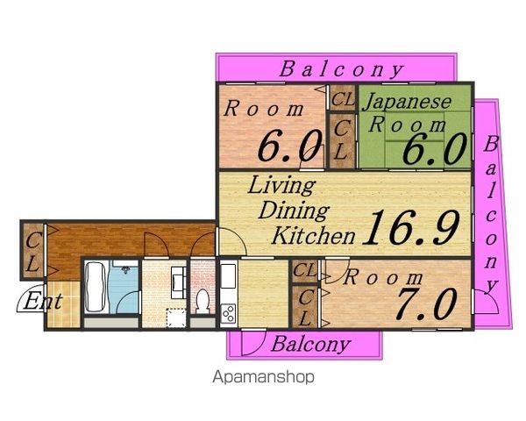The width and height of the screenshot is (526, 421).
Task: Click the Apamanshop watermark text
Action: pos(263,377)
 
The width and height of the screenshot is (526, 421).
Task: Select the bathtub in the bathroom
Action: pos(96,287)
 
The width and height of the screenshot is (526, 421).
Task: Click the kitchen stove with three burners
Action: pos(229,314)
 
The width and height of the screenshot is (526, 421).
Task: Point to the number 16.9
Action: pos(411,227)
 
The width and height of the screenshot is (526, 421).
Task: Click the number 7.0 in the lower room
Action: pos(427,303)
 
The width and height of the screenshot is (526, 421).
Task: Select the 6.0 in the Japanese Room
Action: pos(435,147)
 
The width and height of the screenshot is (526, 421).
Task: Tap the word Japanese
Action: pos(407,101)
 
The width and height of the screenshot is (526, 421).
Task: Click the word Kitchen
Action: pos(313,235)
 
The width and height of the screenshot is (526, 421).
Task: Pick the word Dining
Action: pos(294,211)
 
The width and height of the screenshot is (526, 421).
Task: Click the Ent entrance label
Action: pos(43,301)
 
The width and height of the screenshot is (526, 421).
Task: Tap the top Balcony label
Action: pos(342,69)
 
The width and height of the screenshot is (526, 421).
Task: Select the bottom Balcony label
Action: pos(311,344)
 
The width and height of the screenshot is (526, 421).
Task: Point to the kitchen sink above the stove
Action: pos(229,276)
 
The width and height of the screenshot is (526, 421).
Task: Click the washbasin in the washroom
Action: pos(179,282)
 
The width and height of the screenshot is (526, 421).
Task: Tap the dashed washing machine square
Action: pos(176,318)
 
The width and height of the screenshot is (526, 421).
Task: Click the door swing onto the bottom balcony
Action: pos(253,342)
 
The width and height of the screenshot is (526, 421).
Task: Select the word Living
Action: pos(281,186)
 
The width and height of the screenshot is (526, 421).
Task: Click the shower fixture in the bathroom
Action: pos(125,270)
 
